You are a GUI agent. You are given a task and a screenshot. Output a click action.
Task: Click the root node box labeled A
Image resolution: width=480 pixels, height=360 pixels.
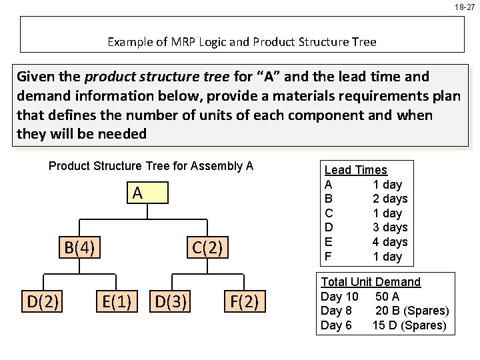tap(137, 194)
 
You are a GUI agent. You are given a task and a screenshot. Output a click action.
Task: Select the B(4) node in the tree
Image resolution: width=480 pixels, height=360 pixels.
tap(80, 248)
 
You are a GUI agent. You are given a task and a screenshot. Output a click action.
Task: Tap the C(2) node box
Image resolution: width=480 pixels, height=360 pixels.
tap(207, 248)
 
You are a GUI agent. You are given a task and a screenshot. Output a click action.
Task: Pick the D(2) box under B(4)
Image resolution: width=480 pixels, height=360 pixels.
tap(44, 302)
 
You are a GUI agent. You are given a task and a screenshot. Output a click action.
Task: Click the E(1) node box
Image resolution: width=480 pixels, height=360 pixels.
tap(116, 302)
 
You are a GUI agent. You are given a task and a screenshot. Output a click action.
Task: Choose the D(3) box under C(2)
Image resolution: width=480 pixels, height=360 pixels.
tap(171, 302)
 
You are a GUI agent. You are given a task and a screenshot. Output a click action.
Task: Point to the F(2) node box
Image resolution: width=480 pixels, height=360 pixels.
tap(244, 302)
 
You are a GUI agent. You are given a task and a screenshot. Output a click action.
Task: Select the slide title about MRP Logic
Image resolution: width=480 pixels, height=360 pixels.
tap(242, 42)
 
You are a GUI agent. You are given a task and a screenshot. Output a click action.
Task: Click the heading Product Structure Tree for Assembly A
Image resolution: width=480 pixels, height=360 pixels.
tap(151, 165)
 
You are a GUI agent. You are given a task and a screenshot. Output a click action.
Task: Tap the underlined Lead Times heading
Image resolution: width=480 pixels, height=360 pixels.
tap(355, 170)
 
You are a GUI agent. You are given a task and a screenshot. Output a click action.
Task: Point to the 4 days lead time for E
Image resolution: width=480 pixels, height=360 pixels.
tap(389, 242)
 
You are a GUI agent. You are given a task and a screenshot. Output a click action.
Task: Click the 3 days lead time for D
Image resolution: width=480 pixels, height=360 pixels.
tap(389, 227)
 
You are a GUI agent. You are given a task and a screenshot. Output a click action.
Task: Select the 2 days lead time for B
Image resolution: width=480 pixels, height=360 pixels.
tap(389, 199)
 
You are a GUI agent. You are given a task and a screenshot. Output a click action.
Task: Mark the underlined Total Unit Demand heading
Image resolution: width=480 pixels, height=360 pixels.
tap(371, 282)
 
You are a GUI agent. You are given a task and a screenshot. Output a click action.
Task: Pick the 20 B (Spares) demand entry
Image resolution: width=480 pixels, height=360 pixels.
tap(412, 311)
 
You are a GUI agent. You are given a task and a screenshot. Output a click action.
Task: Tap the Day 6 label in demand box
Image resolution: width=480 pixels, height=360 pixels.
tap(336, 325)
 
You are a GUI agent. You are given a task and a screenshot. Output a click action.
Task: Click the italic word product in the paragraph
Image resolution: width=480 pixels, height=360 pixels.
tap(107, 77)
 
